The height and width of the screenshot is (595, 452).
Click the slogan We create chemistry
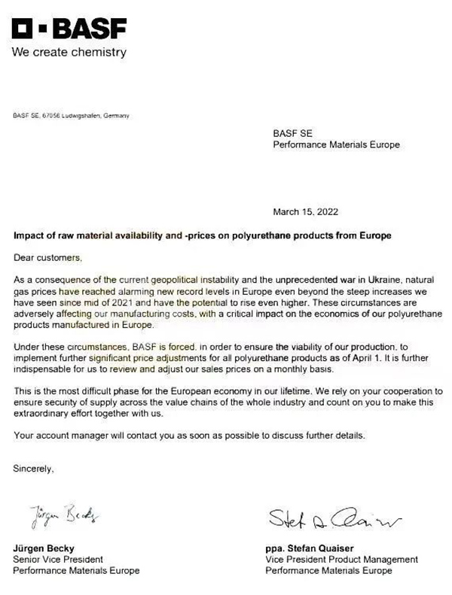coord(69,53)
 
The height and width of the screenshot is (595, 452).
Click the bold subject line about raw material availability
coord(203,236)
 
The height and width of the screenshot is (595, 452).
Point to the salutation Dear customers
coord(47,258)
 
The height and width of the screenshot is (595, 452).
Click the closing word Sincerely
coord(34,469)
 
